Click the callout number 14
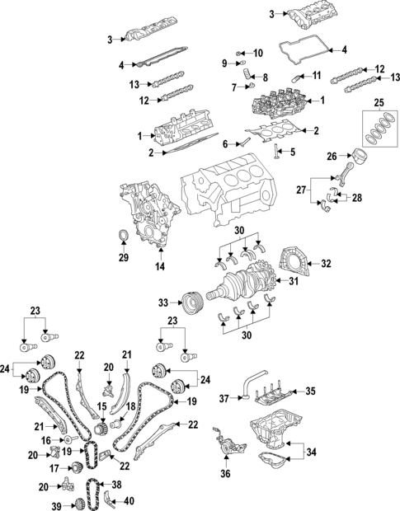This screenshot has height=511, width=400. pos(160,265)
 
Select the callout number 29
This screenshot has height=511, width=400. pos(123,258)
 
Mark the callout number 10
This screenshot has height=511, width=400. pos(258,54)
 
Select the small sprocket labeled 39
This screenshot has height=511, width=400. pos(80,504)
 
